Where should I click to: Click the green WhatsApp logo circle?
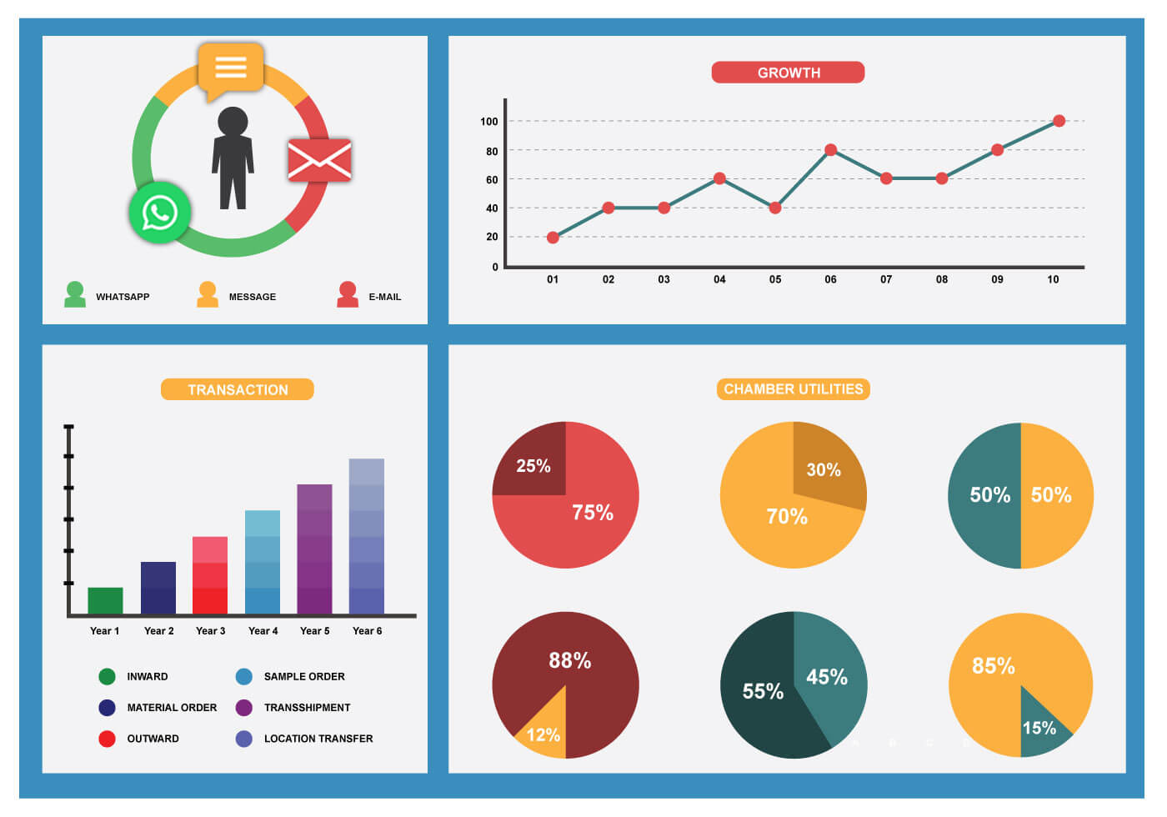click(x=159, y=213)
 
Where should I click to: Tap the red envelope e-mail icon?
click(x=319, y=159)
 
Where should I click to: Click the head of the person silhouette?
click(x=233, y=122)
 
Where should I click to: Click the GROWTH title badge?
click(x=788, y=73)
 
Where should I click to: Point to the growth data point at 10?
click(x=1059, y=121)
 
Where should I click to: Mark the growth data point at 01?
click(x=553, y=238)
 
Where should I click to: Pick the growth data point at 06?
click(x=830, y=150)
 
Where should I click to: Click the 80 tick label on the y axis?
click(x=492, y=151)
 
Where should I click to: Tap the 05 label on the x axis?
click(x=775, y=279)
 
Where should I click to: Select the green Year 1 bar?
click(x=105, y=600)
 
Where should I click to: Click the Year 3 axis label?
click(x=210, y=631)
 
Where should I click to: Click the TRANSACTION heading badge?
click(x=238, y=389)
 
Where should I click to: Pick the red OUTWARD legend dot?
click(x=107, y=739)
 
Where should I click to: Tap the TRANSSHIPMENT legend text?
click(x=307, y=708)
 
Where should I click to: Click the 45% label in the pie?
click(x=826, y=677)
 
